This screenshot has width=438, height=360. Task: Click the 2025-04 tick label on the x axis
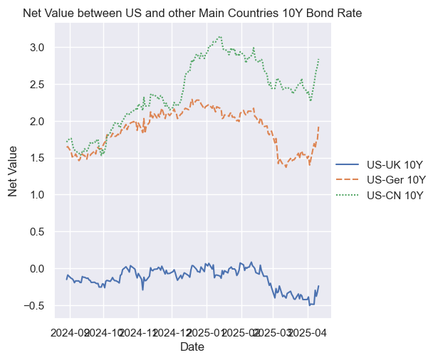click(309, 332)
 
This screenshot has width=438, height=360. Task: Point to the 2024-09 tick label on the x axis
click(71, 332)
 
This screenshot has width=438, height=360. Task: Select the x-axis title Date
click(192, 346)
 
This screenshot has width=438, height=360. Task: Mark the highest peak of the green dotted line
click(220, 36)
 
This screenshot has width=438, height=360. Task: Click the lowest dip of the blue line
click(310, 305)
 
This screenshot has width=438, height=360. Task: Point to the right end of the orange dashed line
click(319, 126)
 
